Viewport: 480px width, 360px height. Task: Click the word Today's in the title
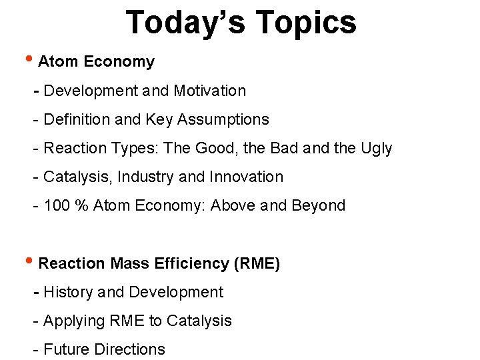(185, 22)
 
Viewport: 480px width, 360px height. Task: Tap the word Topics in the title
(306, 23)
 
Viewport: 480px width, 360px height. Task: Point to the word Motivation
(210, 91)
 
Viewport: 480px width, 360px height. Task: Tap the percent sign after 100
(82, 205)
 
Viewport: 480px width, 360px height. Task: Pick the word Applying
(71, 321)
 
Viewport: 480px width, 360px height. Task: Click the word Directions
(130, 349)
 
